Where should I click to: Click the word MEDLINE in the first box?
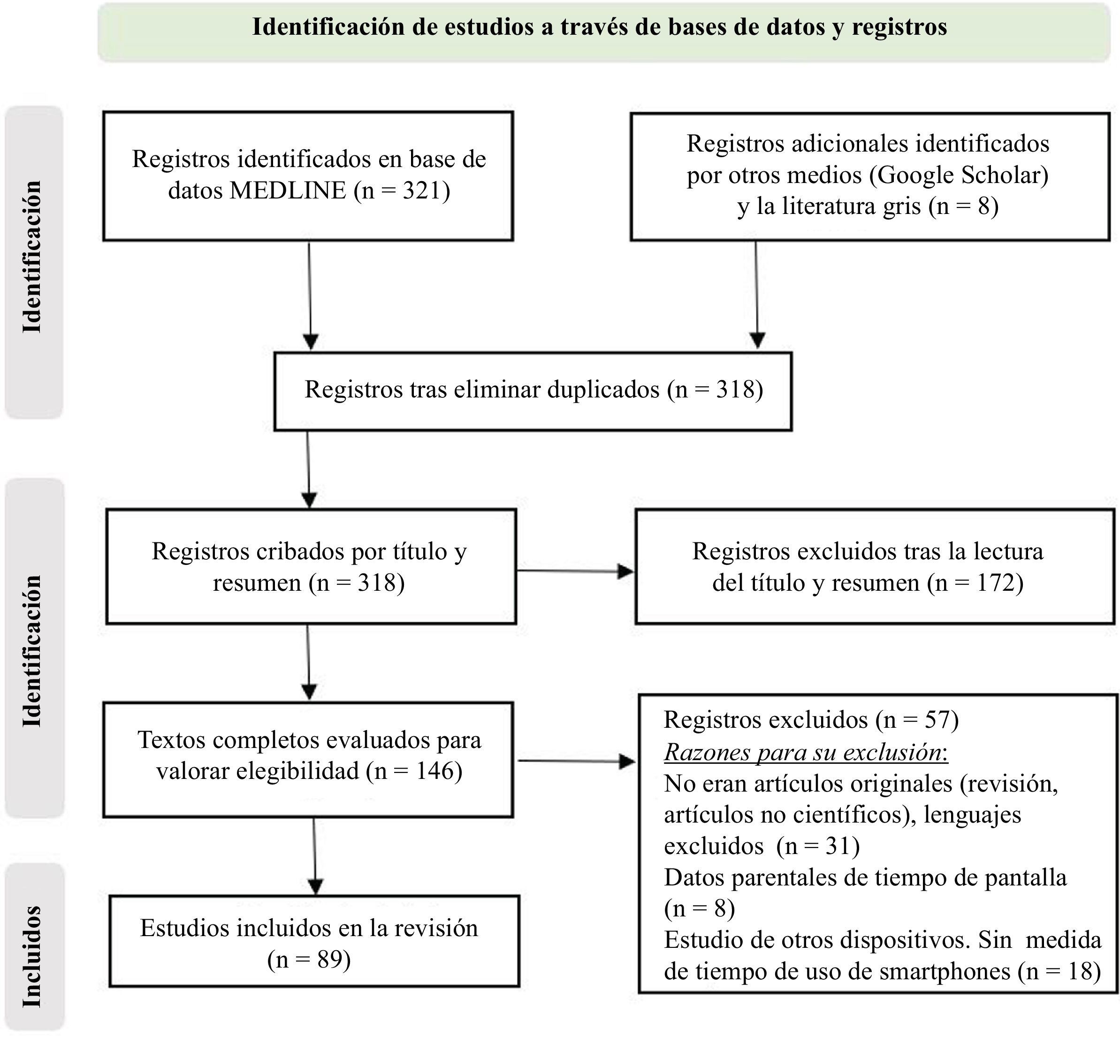[x=288, y=191]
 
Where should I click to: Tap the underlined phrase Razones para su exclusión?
[x=806, y=752]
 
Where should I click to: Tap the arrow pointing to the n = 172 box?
[x=575, y=571]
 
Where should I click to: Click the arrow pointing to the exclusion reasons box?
[x=576, y=762]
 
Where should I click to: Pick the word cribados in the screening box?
[x=303, y=552]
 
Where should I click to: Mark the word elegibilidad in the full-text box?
[x=297, y=771]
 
